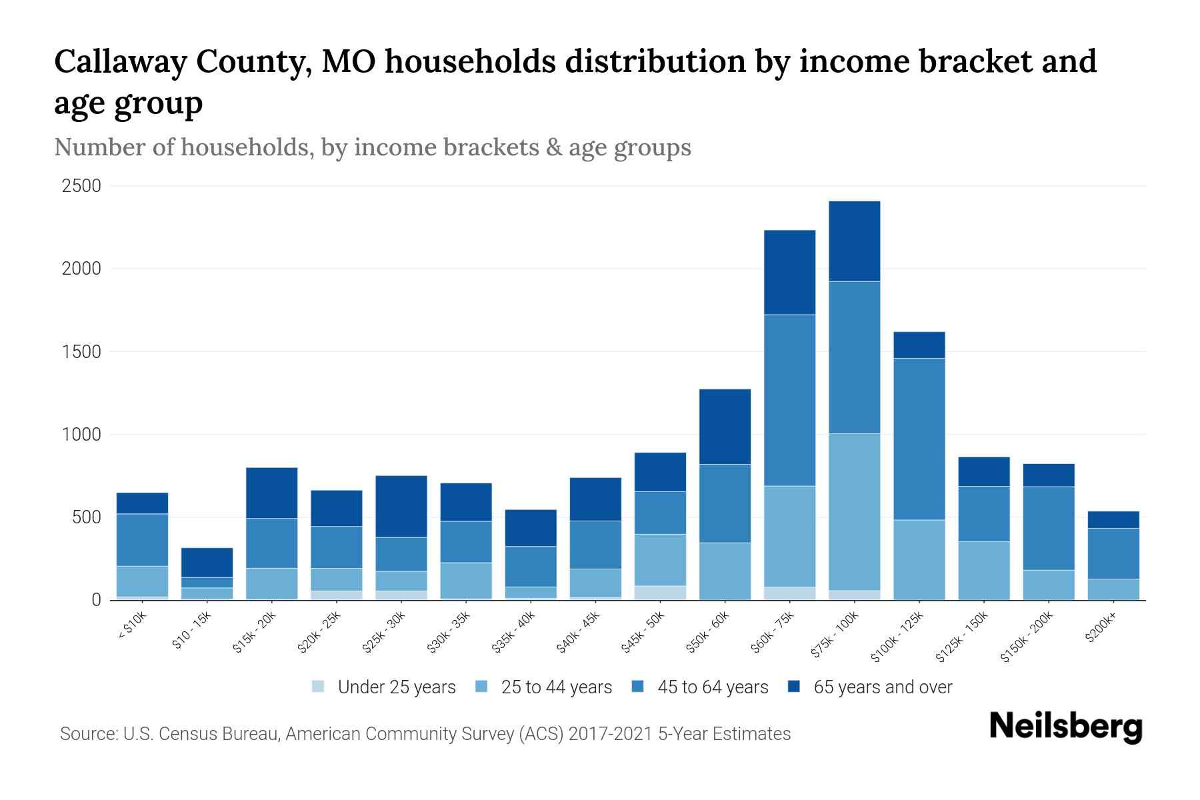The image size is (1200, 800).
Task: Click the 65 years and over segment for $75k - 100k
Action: tap(854, 241)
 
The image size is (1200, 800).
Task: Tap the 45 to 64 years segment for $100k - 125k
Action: tap(919, 439)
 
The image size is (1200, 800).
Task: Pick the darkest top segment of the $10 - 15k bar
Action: tap(207, 563)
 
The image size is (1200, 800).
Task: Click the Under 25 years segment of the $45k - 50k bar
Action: tap(660, 593)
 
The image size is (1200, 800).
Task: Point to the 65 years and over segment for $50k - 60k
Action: tap(725, 427)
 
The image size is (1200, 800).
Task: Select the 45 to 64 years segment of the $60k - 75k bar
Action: tap(789, 400)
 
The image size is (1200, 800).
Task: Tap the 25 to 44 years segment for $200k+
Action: tap(1113, 589)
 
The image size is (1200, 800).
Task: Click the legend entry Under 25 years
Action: tap(397, 687)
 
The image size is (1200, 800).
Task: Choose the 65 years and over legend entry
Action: tap(883, 687)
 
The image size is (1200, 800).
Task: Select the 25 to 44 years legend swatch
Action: tap(481, 687)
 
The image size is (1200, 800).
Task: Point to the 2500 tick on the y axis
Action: tap(81, 186)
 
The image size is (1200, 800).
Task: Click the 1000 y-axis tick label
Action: tap(81, 435)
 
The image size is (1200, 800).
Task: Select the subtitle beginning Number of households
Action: tap(372, 147)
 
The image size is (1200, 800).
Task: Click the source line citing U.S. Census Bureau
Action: tap(425, 734)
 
